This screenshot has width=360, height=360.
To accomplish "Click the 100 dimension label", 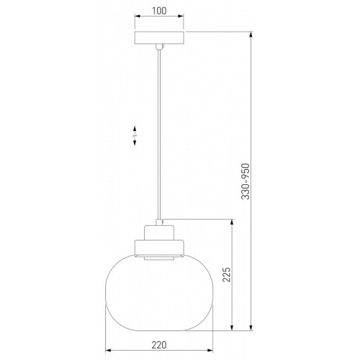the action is coord(159,11).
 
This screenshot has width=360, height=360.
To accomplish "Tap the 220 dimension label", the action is coord(159,345).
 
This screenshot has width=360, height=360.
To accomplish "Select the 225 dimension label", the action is coord(226,275).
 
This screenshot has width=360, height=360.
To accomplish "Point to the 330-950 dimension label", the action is coord(246,181).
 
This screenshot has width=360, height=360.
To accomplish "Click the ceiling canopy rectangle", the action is coord(159,37).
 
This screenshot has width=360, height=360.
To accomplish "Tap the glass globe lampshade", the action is coord(159,292).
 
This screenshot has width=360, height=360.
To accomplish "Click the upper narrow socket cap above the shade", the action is coord(159,233).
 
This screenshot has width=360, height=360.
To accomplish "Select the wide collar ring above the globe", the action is coord(159,247).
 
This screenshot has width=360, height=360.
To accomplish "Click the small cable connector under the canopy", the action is coord(159,47).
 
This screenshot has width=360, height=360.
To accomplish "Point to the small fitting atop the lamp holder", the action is coord(159,222).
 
